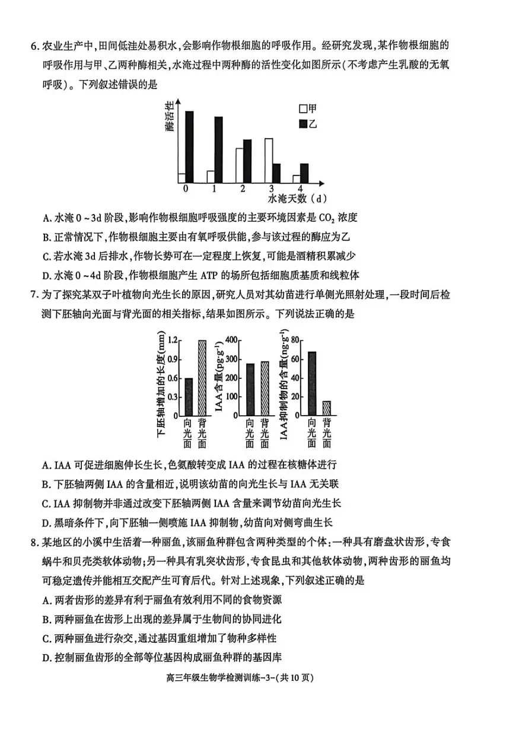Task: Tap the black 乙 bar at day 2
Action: pos(247,161)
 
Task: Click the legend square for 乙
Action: pos(304,123)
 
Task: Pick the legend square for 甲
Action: pos(304,109)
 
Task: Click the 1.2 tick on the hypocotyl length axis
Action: pos(173,340)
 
